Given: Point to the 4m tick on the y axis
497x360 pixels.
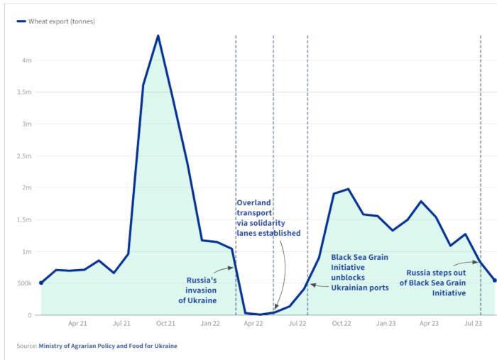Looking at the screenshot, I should pos(27,60).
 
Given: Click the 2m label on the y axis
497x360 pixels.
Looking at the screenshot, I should pos(27,187).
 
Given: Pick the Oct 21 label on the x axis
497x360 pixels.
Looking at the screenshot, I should pos(165,324).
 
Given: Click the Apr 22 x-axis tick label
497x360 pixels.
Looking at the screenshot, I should pos(253,324).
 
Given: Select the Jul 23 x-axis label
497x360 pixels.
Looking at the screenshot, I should pos(473,324).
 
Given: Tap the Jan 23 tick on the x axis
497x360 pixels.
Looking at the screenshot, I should pos(386,324).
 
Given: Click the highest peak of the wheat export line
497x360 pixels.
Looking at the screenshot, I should pos(158,35).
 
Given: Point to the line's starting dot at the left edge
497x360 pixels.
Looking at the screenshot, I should pos(41,283).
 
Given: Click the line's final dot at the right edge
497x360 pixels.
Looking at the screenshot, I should pos(495,280).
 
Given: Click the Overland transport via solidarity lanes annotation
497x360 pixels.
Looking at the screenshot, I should pos(268,218).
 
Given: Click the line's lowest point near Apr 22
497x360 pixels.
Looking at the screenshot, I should pos(259,315).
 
